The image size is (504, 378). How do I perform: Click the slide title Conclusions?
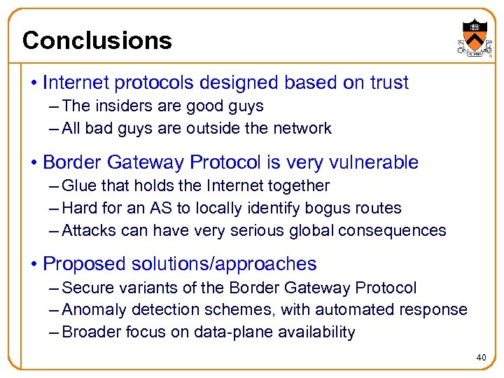point(97,41)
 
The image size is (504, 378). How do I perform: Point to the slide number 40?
point(481,358)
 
